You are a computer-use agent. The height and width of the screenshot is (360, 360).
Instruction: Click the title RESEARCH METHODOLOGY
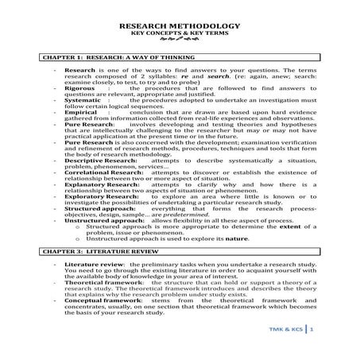(x=180, y=27)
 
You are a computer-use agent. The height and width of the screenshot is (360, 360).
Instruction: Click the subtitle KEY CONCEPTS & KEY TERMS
(x=180, y=35)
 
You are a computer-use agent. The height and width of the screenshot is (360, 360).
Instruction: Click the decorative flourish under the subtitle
(x=180, y=43)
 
